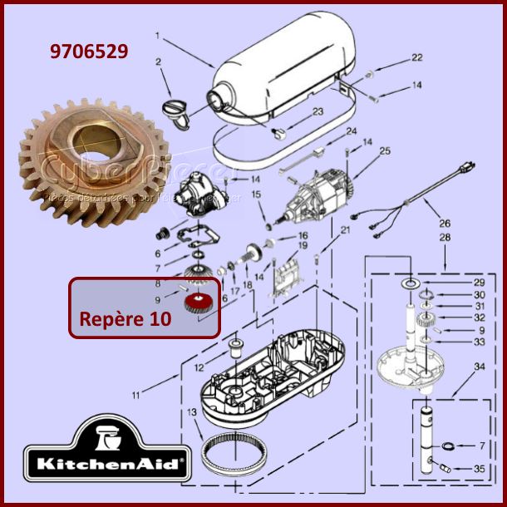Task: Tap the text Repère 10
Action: (124, 319)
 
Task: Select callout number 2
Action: (158, 62)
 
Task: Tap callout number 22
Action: (417, 57)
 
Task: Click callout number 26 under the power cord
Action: (445, 223)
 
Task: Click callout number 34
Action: (479, 367)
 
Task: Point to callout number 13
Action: (192, 412)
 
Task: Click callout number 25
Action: (385, 150)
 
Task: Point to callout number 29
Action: (479, 283)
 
